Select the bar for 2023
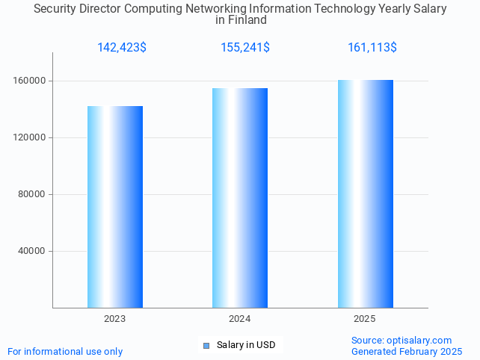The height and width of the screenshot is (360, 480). pos(115,207)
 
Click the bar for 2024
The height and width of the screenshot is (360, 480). pos(240,198)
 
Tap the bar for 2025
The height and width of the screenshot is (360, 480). pos(365,193)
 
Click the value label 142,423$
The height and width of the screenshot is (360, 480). pos(122,48)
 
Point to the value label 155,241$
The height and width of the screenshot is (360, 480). pos(245,48)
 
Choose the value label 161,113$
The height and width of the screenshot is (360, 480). pos(372,48)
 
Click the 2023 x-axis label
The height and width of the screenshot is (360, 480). pos(115,319)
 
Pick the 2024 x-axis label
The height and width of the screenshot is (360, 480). pos(240,319)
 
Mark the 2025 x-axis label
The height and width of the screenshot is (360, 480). pos(365,319)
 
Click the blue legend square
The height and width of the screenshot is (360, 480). pos(206,345)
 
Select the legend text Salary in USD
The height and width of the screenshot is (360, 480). pos(246,345)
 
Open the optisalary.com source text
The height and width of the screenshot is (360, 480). pos(401,340)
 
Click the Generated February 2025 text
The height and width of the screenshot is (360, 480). pos(407,351)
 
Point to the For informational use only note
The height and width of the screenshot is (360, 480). pos(65,351)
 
